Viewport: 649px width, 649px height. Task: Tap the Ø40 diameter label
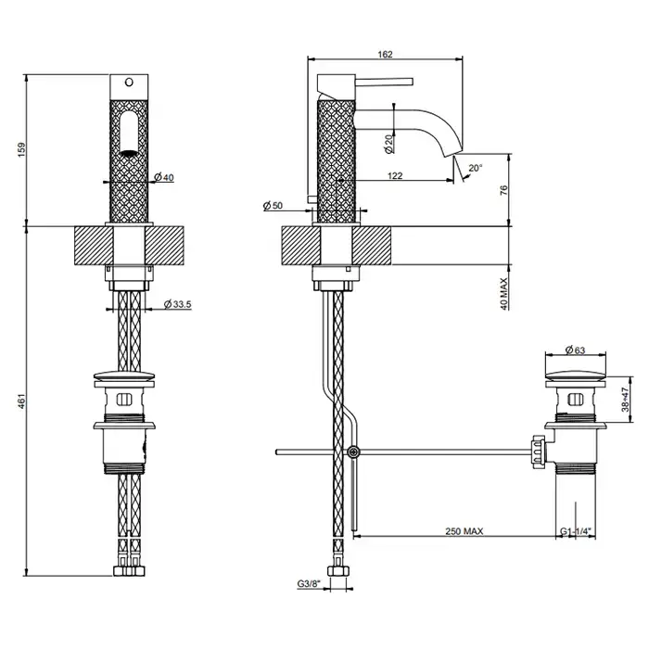(x=163, y=177)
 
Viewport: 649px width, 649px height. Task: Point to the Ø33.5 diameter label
(x=177, y=303)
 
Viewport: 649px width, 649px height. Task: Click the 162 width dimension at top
(x=385, y=55)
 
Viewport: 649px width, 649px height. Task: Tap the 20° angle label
(x=476, y=169)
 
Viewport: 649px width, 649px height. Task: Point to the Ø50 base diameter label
(x=273, y=204)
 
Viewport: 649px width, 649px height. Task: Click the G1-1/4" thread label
(x=577, y=532)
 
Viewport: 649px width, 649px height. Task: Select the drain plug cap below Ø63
(x=577, y=373)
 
